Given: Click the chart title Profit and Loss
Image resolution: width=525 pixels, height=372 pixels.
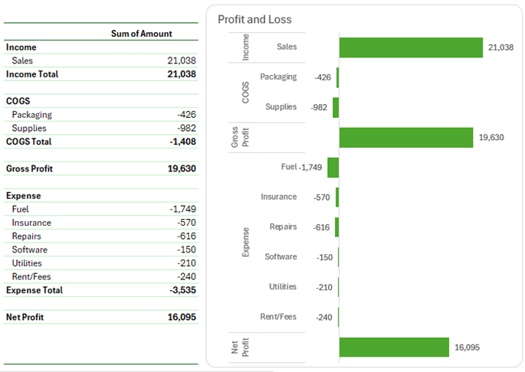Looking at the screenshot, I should point(254,19).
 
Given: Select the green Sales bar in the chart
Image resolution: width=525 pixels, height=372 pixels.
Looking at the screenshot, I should point(410,47).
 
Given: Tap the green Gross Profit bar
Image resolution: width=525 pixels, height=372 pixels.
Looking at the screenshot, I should point(405,138).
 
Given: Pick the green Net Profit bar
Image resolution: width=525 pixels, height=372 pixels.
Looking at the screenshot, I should point(393,347).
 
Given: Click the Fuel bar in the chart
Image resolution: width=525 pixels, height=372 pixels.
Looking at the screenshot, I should point(333,168).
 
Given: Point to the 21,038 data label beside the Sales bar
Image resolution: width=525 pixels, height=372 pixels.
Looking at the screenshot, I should point(500,47).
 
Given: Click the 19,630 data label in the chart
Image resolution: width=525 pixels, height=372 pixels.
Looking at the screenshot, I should point(491,138).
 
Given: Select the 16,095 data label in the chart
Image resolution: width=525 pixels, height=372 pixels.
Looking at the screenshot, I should point(467,348).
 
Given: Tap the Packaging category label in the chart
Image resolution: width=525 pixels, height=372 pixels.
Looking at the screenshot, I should point(278,77).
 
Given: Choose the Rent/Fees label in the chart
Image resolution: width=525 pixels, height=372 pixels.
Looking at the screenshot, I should point(278,317).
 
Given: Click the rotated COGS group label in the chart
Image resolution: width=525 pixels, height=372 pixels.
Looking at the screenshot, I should point(245,93).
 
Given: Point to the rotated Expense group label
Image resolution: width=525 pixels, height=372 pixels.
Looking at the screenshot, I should point(245,242).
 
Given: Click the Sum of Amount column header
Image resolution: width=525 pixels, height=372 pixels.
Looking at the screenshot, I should point(142,34).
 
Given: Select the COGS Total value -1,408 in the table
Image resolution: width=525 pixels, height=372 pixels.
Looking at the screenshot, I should point(182,142).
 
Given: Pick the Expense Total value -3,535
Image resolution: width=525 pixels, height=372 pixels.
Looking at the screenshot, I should point(182,290).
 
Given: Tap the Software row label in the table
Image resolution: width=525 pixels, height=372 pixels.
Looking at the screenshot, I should point(29,250).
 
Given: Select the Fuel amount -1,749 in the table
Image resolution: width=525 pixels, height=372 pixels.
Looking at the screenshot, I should point(182,209).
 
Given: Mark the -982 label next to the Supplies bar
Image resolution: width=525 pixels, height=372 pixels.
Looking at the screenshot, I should point(319,108).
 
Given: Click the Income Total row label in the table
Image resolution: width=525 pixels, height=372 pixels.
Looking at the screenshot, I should point(31,74).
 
